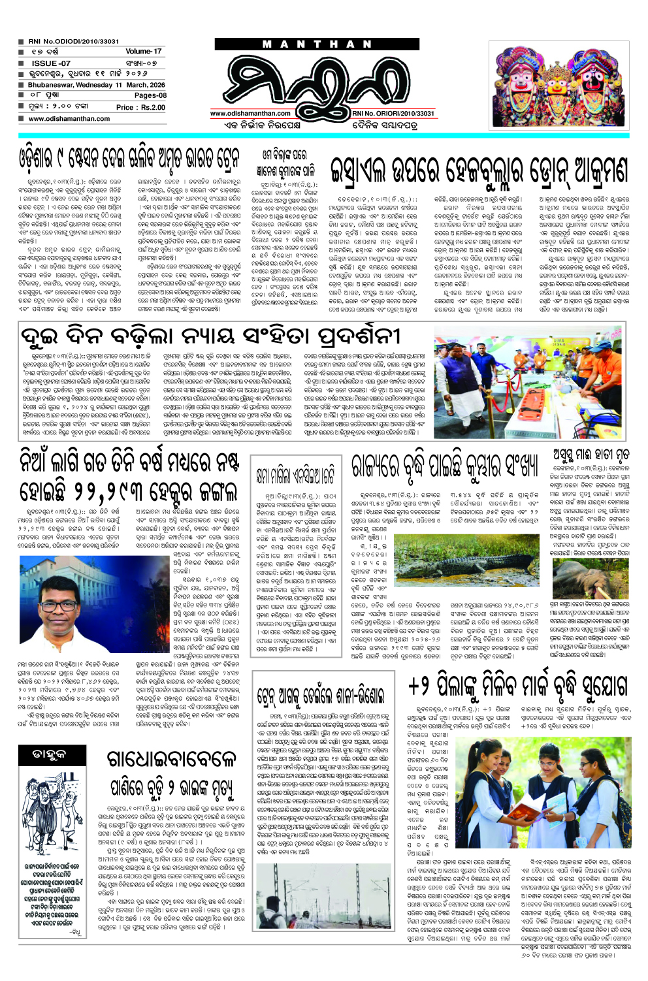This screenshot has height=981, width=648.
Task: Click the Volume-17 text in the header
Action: click(143, 51)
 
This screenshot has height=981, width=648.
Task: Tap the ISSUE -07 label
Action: click(51, 63)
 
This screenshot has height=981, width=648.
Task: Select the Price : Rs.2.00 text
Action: click(140, 107)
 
